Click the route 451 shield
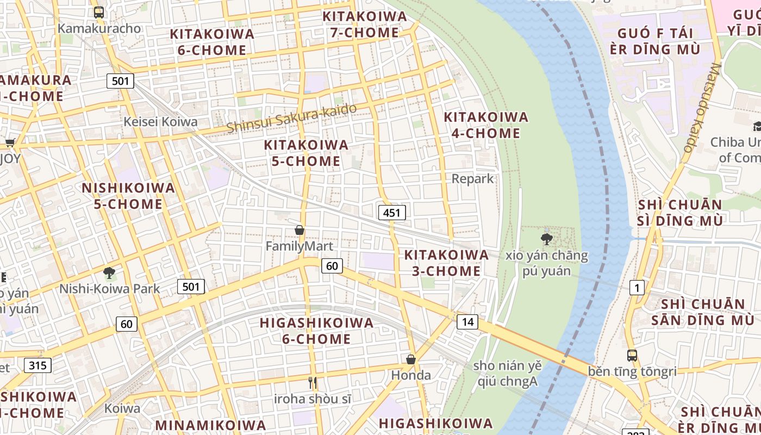tap(392, 213)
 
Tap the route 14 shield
tap(467, 322)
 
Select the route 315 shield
tap(38, 365)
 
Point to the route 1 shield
tap(637, 287)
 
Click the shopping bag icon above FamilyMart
tap(299, 230)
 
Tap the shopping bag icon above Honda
tap(411, 359)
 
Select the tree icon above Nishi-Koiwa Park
tap(109, 272)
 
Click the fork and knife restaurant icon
tap(313, 383)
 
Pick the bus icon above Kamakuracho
tap(98, 12)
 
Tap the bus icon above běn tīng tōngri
tap(632, 356)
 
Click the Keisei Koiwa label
tap(160, 121)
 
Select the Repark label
tap(473, 178)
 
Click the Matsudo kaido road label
tap(702, 108)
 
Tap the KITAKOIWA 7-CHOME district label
tap(365, 24)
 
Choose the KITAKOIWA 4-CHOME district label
tap(486, 125)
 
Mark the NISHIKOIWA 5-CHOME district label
tap(128, 196)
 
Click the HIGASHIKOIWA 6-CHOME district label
tap(316, 331)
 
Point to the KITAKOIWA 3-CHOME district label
tap(446, 263)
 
